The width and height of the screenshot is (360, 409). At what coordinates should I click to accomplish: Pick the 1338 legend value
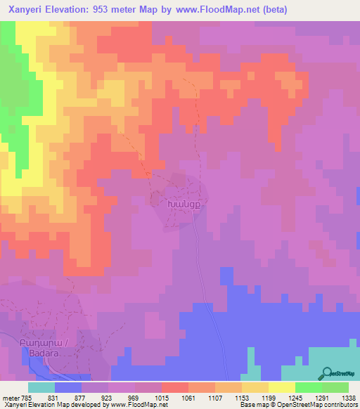click(x=349, y=398)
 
